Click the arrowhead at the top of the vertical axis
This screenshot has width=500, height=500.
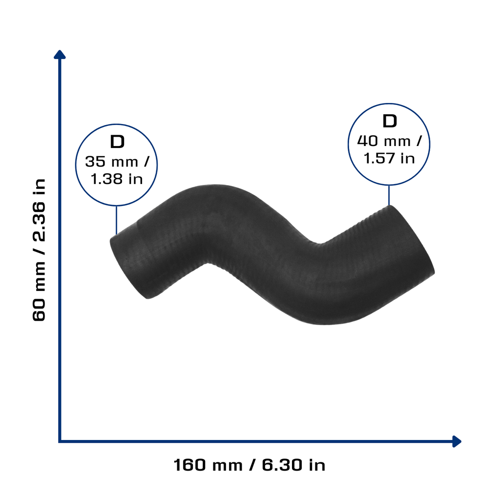[60, 55]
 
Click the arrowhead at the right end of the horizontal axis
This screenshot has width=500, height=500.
[457, 441]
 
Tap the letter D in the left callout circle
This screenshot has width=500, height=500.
[117, 142]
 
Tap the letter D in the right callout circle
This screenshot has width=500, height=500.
[389, 121]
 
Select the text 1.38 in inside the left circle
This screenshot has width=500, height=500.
[117, 179]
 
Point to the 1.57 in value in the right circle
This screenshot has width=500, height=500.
[389, 159]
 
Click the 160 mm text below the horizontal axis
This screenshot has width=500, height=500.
[208, 465]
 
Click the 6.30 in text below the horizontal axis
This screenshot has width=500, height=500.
[293, 465]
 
